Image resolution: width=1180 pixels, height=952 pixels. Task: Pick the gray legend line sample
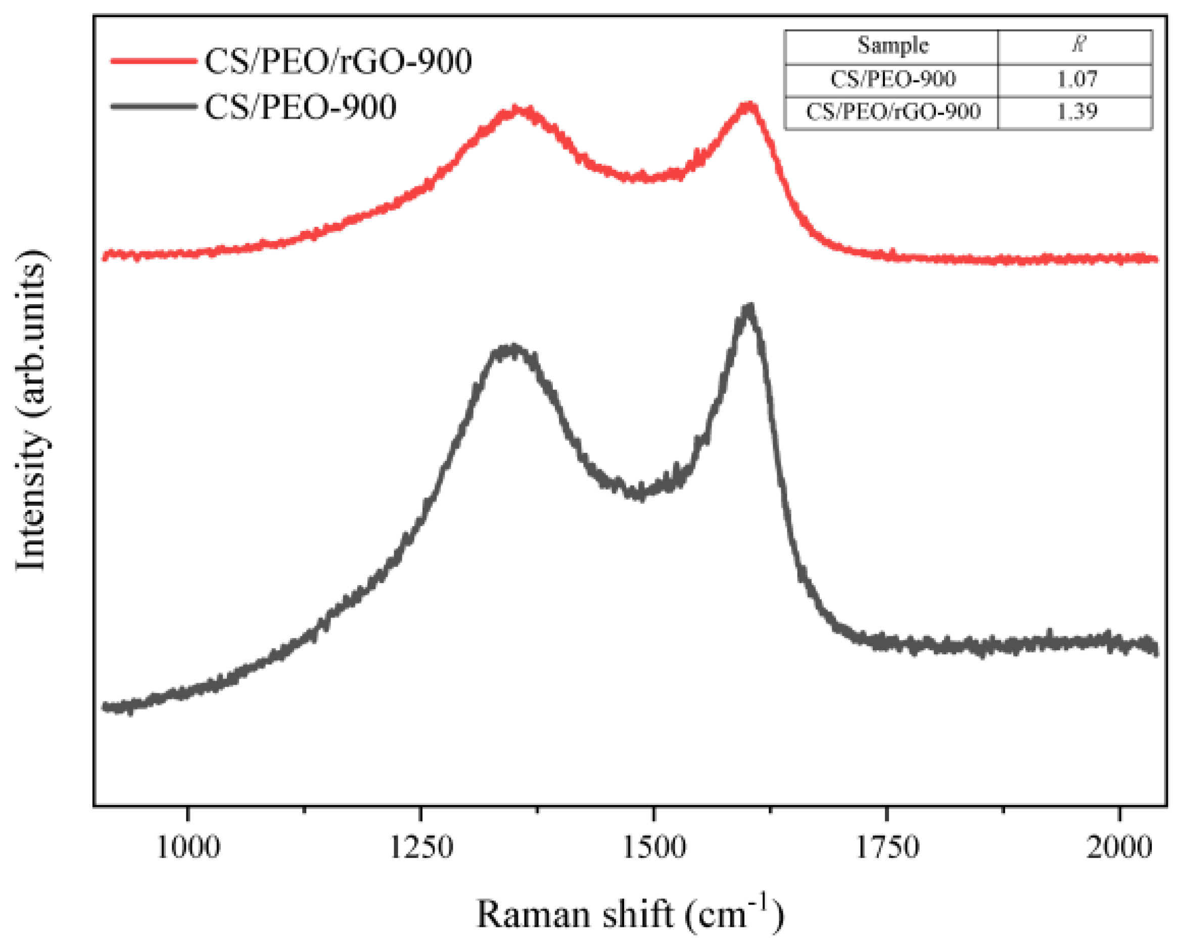coord(154,107)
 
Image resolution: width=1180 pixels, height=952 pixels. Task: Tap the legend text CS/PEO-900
coord(301,107)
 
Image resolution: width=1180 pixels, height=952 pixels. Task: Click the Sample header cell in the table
coord(892,45)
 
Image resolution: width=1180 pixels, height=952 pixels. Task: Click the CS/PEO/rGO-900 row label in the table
coord(892,112)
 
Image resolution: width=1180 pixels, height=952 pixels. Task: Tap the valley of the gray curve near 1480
coord(639,493)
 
